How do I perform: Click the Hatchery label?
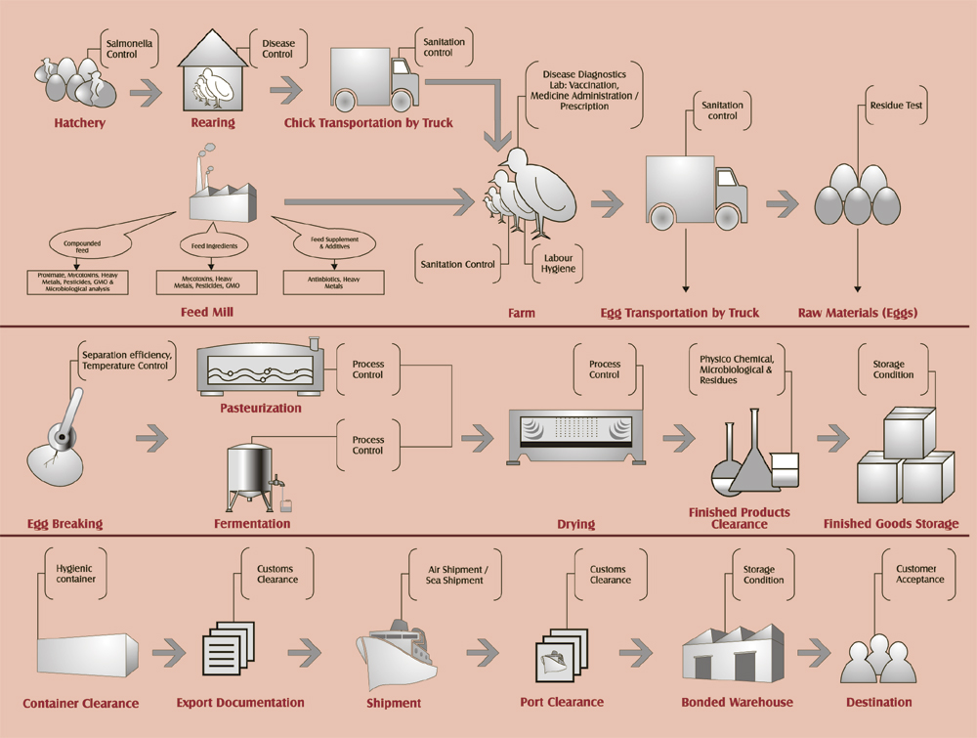[x=80, y=124]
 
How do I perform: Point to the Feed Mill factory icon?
[x=222, y=192]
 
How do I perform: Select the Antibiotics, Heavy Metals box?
[x=334, y=282]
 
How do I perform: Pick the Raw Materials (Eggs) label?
[x=858, y=313]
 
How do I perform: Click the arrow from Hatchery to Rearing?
[x=147, y=95]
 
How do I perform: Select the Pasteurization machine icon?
[x=260, y=370]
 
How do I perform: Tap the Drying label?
[x=575, y=524]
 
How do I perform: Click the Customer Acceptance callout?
[x=919, y=574]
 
